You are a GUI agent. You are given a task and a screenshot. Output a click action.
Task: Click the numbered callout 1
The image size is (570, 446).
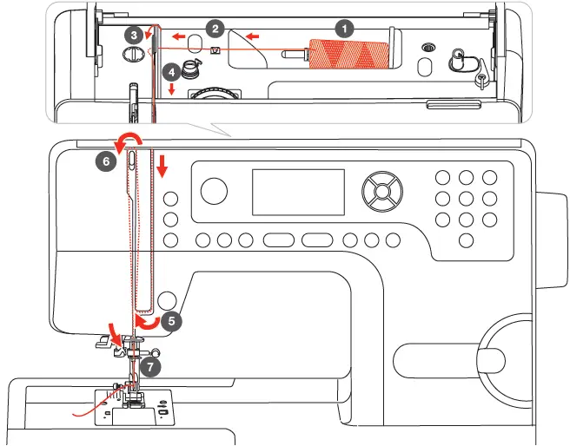coord(346,27)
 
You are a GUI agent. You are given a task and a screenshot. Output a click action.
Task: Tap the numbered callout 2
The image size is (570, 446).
coord(215,28)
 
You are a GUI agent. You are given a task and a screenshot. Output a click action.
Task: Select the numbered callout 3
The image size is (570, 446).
coord(132,36)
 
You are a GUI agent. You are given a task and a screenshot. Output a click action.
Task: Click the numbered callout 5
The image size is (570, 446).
coord(171,319)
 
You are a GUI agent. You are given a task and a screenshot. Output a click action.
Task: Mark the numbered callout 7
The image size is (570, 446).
coord(149,367)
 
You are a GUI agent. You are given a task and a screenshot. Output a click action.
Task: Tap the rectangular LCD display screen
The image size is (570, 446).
coord(295,191)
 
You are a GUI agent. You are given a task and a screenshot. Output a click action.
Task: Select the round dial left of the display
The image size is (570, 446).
coord(215,190)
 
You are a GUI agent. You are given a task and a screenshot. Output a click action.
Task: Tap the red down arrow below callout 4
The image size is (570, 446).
coord(172,90)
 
